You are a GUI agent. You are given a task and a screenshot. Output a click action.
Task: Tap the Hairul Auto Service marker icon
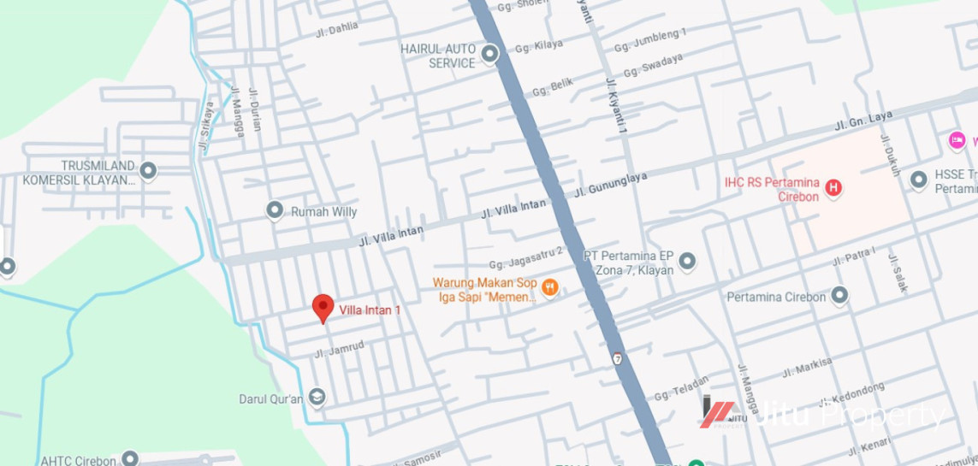click(x=489, y=56)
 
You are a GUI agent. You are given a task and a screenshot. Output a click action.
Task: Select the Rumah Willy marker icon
click(x=275, y=210)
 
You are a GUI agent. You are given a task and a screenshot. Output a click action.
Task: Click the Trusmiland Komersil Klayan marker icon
click(x=148, y=171)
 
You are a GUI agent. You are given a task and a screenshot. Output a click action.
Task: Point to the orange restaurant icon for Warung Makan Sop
click(x=550, y=288)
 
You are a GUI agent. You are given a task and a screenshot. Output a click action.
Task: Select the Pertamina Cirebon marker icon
click(x=840, y=296)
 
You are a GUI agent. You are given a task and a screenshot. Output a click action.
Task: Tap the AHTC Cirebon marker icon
click(x=130, y=459)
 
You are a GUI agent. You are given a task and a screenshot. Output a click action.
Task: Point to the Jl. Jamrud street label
click(x=339, y=349)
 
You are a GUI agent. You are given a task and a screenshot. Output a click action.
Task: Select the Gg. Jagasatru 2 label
click(x=526, y=257)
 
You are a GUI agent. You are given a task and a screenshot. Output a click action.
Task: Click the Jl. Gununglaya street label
click(x=610, y=183)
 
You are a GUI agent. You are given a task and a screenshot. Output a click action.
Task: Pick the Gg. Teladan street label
click(x=681, y=388)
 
